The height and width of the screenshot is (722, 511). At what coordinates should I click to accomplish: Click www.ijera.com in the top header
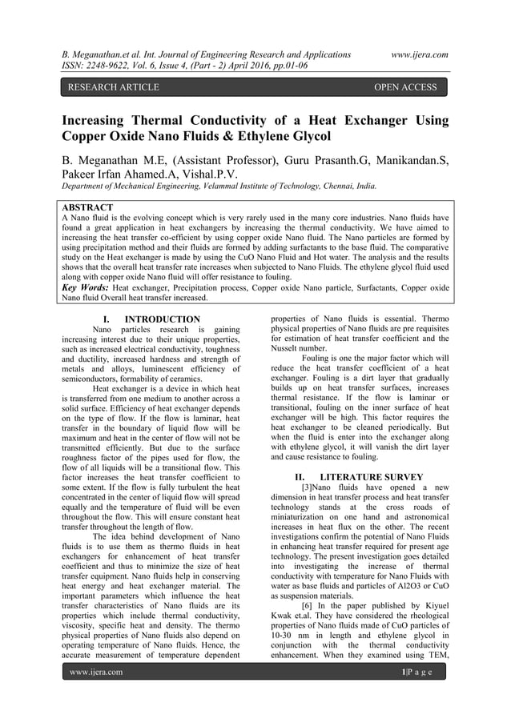coord(415,54)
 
